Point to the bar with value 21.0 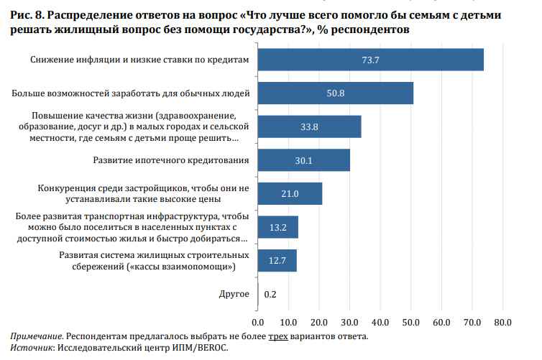290,193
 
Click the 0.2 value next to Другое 271,293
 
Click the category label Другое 234,293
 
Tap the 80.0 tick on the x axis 502,320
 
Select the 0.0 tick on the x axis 258,320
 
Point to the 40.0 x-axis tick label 380,320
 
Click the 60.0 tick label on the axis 441,320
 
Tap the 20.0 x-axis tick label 319,320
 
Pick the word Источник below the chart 31,348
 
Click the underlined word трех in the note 278,336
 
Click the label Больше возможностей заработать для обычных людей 132,93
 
